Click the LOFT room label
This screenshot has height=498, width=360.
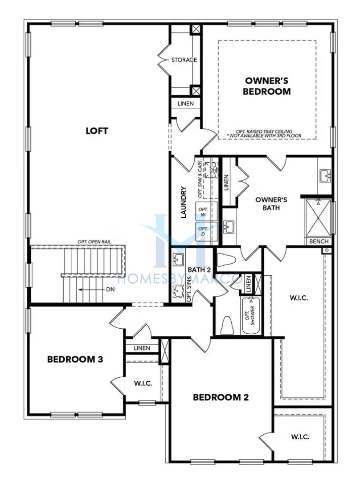[97, 131]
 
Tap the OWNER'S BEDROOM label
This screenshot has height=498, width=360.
[266, 86]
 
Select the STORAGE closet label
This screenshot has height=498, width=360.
[184, 60]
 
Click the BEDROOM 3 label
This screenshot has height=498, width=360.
[75, 359]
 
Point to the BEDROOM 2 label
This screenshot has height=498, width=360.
[221, 397]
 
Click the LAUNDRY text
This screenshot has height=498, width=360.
[183, 202]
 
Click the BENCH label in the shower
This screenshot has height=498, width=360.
[319, 241]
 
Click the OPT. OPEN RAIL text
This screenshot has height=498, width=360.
[94, 242]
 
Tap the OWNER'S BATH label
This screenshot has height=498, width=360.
[271, 204]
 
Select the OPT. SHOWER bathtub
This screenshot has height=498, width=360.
[251, 316]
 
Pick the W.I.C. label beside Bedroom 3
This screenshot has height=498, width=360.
[143, 384]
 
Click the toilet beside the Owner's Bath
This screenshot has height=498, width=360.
[226, 260]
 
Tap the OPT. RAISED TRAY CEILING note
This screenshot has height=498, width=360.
[264, 134]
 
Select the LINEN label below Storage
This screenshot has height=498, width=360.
[185, 103]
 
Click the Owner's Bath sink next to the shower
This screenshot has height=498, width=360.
[325, 176]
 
